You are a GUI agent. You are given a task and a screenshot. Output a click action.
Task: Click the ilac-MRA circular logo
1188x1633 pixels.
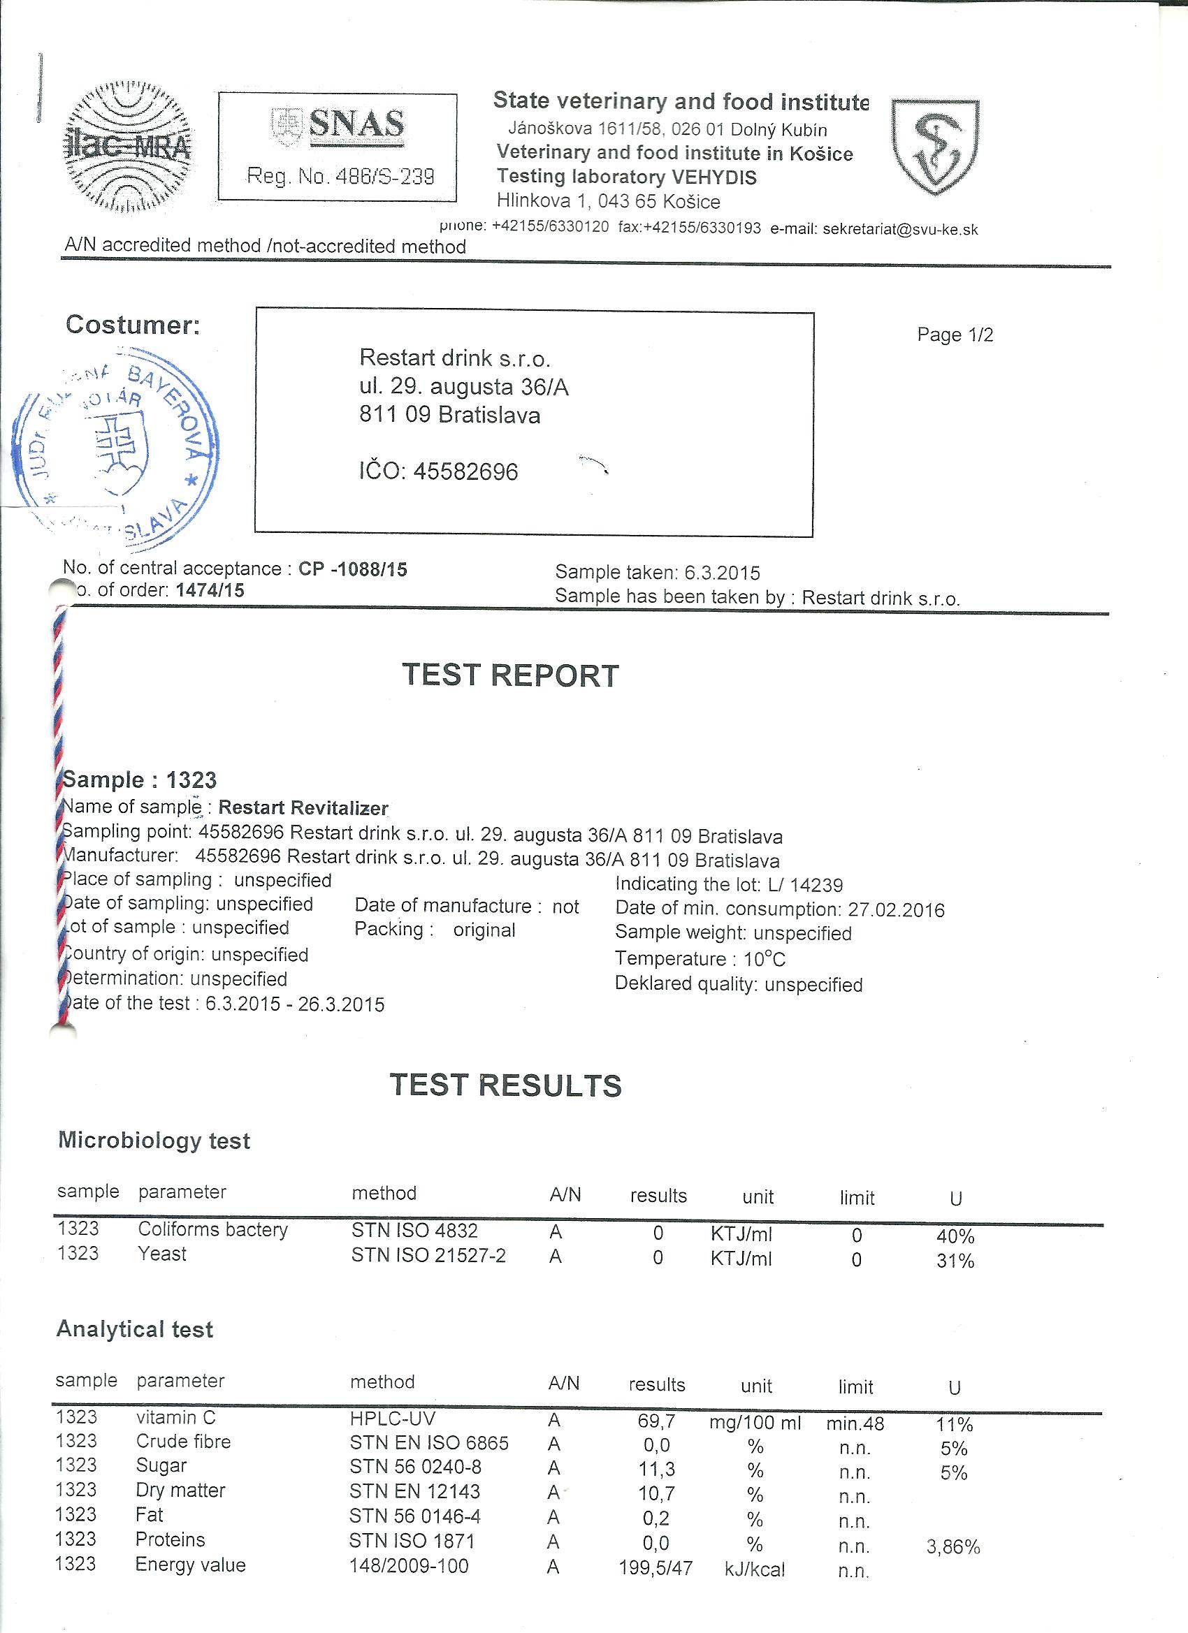(x=127, y=147)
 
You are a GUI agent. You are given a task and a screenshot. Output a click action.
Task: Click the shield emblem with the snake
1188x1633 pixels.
(x=935, y=146)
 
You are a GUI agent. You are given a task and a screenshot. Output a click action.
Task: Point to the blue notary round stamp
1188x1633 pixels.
(x=115, y=450)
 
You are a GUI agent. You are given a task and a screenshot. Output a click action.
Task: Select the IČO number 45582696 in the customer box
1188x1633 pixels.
(x=465, y=471)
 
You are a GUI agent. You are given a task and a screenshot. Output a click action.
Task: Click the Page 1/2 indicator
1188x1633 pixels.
(x=955, y=335)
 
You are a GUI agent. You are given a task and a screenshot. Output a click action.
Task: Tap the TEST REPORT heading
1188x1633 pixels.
(x=510, y=675)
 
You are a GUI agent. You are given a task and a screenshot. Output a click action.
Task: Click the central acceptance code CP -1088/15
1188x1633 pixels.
(x=353, y=569)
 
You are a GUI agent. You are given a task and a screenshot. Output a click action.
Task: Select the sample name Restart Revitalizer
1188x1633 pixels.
(x=303, y=808)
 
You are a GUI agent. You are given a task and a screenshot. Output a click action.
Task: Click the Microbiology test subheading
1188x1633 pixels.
(x=154, y=1141)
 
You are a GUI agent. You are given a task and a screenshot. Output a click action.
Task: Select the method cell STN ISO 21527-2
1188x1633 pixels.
(x=428, y=1256)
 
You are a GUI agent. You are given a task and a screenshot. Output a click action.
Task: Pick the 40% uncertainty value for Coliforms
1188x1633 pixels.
(x=955, y=1237)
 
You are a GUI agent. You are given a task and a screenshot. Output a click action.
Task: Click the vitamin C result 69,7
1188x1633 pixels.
(x=655, y=1421)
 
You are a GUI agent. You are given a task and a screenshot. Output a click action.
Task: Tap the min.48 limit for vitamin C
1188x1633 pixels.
(x=855, y=1423)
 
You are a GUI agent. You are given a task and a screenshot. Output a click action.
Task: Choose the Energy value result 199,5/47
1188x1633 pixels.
(x=655, y=1567)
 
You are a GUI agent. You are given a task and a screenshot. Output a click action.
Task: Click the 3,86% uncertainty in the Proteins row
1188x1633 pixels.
(x=952, y=1546)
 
